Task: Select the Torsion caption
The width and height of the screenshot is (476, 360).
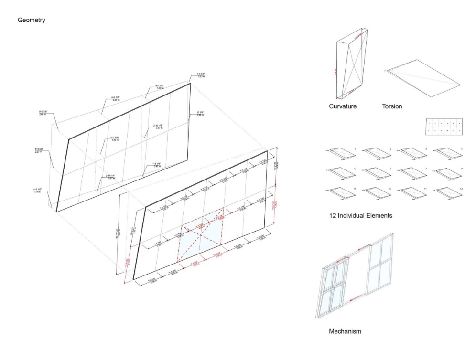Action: tap(392, 106)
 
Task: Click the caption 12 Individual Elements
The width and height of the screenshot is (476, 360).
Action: tap(360, 215)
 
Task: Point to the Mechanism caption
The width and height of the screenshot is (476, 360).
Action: tap(345, 331)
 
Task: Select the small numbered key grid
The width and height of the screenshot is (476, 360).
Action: tap(444, 127)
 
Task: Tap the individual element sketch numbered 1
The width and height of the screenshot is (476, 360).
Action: tap(341, 153)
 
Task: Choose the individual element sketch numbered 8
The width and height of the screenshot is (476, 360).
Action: tap(449, 172)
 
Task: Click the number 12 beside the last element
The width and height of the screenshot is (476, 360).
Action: tap(461, 189)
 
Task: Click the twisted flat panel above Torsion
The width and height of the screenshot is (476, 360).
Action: tap(423, 78)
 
